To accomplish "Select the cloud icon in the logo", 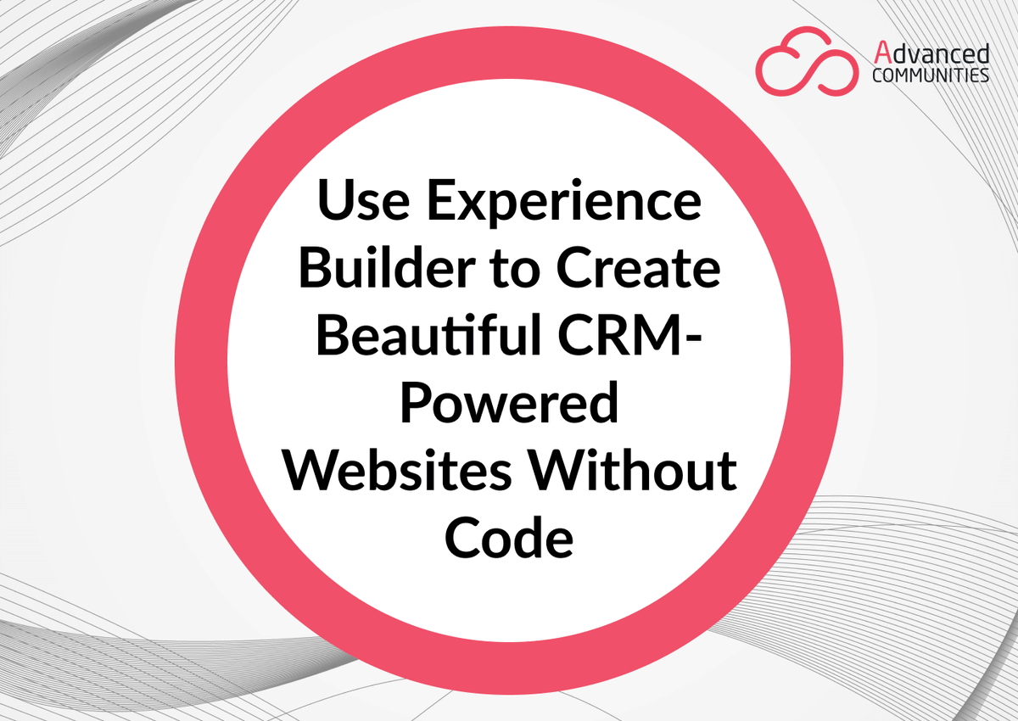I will pyautogui.click(x=807, y=63).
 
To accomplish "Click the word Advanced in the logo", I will pyautogui.click(x=931, y=55).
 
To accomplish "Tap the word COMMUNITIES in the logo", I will pyautogui.click(x=931, y=75).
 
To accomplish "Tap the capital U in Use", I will pyautogui.click(x=333, y=202).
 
